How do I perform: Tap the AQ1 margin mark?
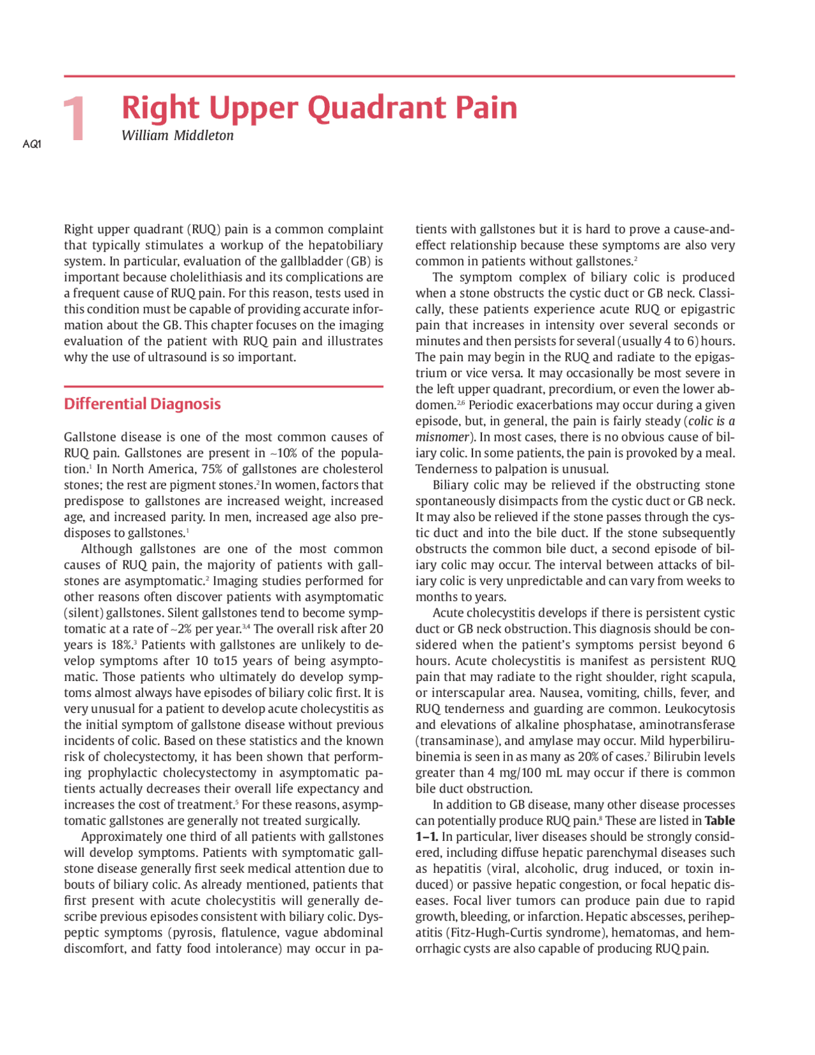(32, 144)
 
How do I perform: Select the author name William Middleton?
(178, 136)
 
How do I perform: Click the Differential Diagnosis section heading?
(142, 404)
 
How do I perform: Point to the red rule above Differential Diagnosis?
(223, 386)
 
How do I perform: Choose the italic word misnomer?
(442, 437)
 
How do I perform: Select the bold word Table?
(719, 821)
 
